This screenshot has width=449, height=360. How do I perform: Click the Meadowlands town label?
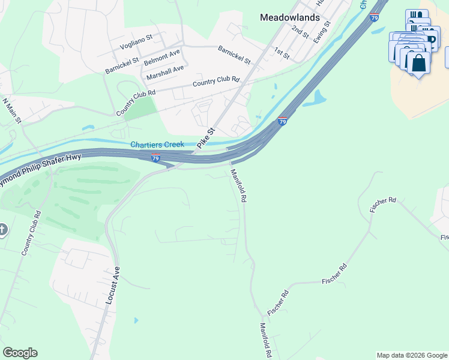coord(289,17)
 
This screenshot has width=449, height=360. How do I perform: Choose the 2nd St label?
coord(300,32)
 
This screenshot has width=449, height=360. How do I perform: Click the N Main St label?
coord(12,111)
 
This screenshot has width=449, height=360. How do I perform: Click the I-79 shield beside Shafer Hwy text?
coord(155,158)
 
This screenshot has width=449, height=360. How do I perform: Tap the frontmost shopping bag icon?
coord(418,62)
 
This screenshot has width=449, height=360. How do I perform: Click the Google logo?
coord(20,353)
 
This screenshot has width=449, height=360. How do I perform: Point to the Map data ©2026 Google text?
coord(412,355)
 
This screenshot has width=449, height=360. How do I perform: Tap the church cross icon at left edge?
coord(2,230)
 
